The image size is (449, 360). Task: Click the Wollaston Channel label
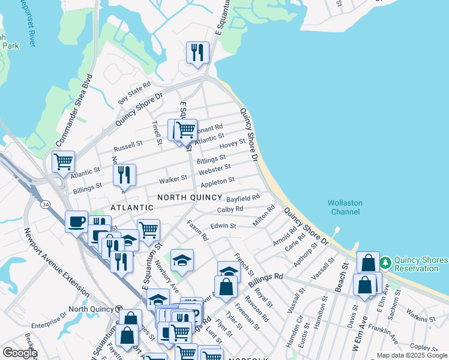[345, 207]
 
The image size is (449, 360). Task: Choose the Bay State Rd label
[134, 93]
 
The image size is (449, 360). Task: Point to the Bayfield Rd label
[243, 198]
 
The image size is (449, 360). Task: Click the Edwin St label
[223, 226]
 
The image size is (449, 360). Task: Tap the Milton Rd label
[264, 215]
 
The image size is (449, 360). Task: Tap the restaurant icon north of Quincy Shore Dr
[197, 53]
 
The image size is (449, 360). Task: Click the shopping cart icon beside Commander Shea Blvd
[63, 161]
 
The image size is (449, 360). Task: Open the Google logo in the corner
[19, 353]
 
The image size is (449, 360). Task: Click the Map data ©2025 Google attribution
[412, 355]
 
